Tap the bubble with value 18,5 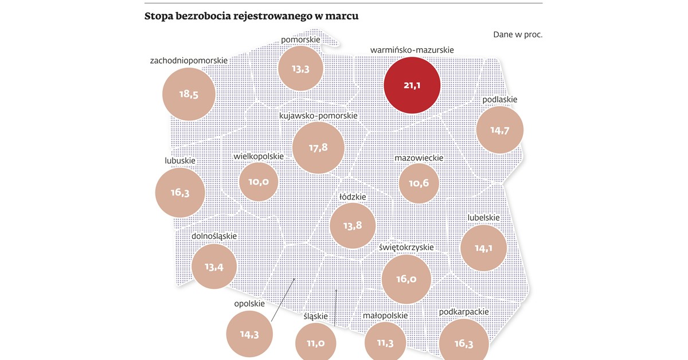point(189,95)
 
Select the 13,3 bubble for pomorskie point(300,69)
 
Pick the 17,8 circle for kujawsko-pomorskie point(318,147)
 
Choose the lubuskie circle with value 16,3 point(180,192)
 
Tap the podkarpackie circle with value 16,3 point(464,343)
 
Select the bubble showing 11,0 point(315,343)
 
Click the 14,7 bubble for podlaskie point(500,130)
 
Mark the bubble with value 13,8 point(353,225)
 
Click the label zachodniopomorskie point(189,60)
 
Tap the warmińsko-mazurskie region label point(412,50)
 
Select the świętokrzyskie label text point(406,248)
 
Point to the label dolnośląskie point(214,236)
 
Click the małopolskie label point(385,315)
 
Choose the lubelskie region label point(483,217)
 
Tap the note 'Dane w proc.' point(517,34)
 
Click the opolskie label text point(249,303)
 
